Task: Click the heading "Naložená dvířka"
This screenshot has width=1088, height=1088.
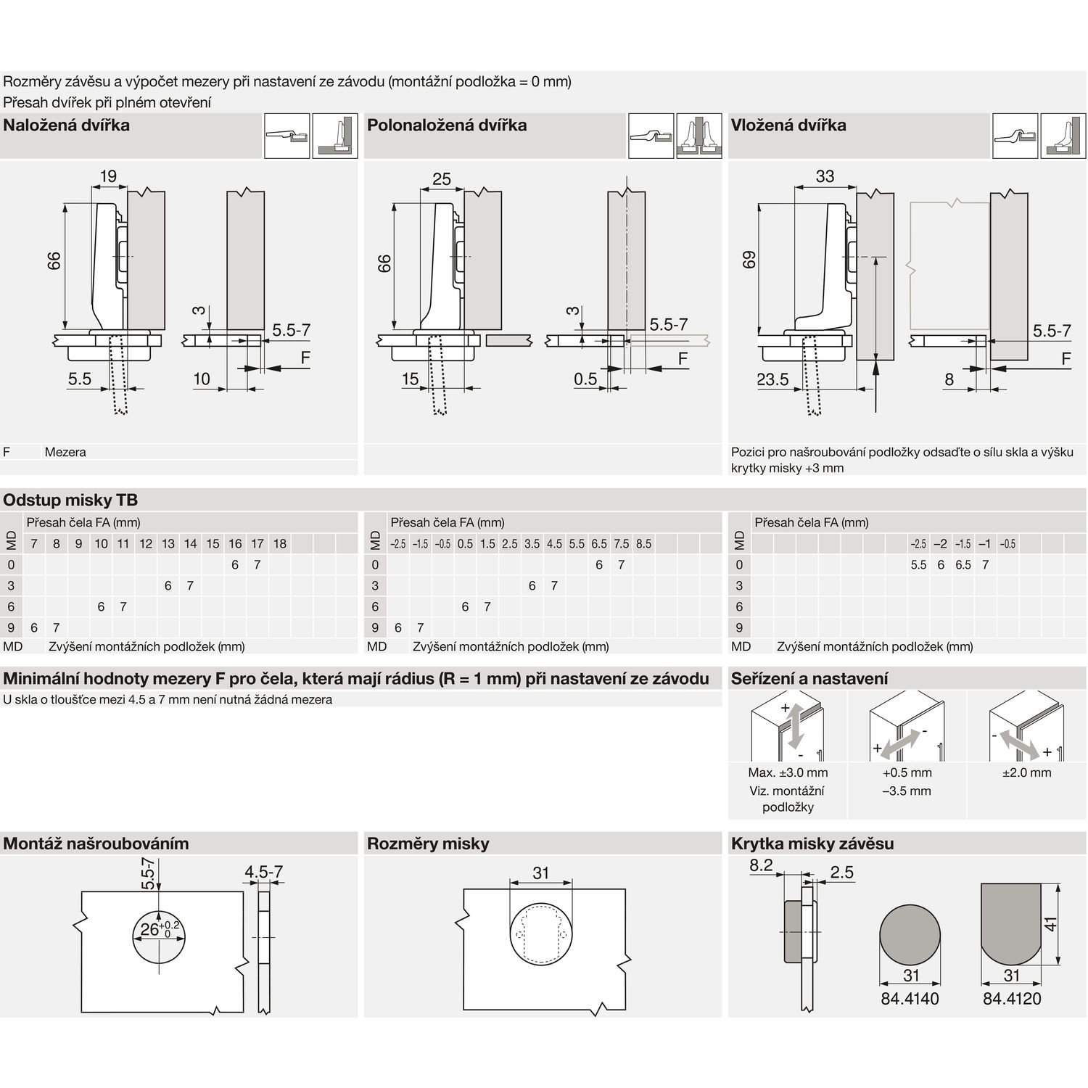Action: point(67,125)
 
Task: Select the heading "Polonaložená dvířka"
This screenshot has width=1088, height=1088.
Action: point(447,125)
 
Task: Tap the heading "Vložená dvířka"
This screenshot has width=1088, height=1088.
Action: point(788,125)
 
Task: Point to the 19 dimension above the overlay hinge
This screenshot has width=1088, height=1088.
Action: point(108,176)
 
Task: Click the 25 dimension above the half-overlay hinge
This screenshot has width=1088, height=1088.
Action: point(441,178)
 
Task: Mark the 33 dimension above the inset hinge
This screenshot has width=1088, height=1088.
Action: point(825,176)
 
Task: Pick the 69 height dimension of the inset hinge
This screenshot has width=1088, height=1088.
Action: point(749,260)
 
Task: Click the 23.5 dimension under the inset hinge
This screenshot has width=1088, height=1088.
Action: point(772,379)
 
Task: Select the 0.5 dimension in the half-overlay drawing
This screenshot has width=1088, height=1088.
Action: point(585,379)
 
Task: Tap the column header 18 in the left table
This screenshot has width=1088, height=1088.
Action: point(280,544)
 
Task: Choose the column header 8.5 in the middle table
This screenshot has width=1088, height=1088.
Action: point(643,544)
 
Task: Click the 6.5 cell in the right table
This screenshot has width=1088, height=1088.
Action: point(963,565)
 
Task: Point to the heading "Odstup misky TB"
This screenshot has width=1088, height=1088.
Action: point(70,500)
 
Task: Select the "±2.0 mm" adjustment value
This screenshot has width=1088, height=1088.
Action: point(1026,773)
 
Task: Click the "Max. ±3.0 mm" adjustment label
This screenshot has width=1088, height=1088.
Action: point(788,773)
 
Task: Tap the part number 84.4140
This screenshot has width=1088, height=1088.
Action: point(910,999)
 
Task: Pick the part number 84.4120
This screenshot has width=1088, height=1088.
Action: point(1012,999)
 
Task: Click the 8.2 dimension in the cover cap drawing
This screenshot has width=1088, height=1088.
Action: point(761,865)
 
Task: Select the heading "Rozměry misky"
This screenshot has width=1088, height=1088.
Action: point(428,844)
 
